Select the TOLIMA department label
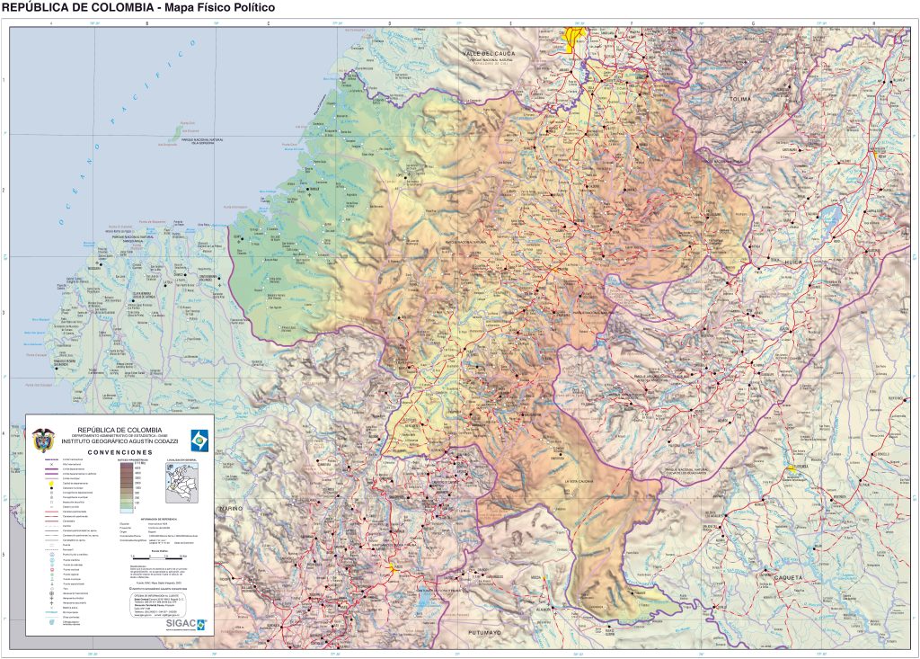pyautogui.click(x=740, y=98)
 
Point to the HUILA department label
pyautogui.click(x=792, y=262)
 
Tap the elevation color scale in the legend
pyautogui.click(x=127, y=490)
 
